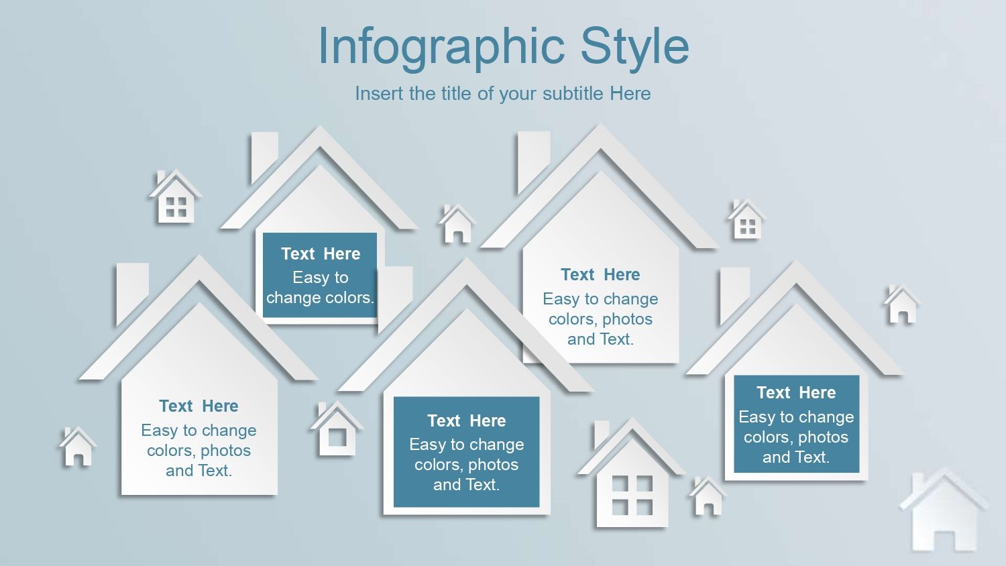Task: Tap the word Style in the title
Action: tap(634, 46)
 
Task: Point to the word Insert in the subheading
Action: tap(376, 93)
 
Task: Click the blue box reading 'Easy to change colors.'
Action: tap(320, 275)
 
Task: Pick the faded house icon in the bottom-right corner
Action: tap(944, 510)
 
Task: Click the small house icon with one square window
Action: tap(337, 429)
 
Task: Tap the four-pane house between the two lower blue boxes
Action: tap(632, 473)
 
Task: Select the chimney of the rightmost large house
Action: tap(735, 294)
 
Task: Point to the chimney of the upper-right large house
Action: tap(534, 161)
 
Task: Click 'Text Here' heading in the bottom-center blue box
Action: tap(467, 421)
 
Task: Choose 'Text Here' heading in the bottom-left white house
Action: tap(199, 406)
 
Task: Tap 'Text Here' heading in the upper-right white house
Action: tap(600, 274)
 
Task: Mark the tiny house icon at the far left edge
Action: tap(78, 446)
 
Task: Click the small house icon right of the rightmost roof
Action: tap(902, 304)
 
